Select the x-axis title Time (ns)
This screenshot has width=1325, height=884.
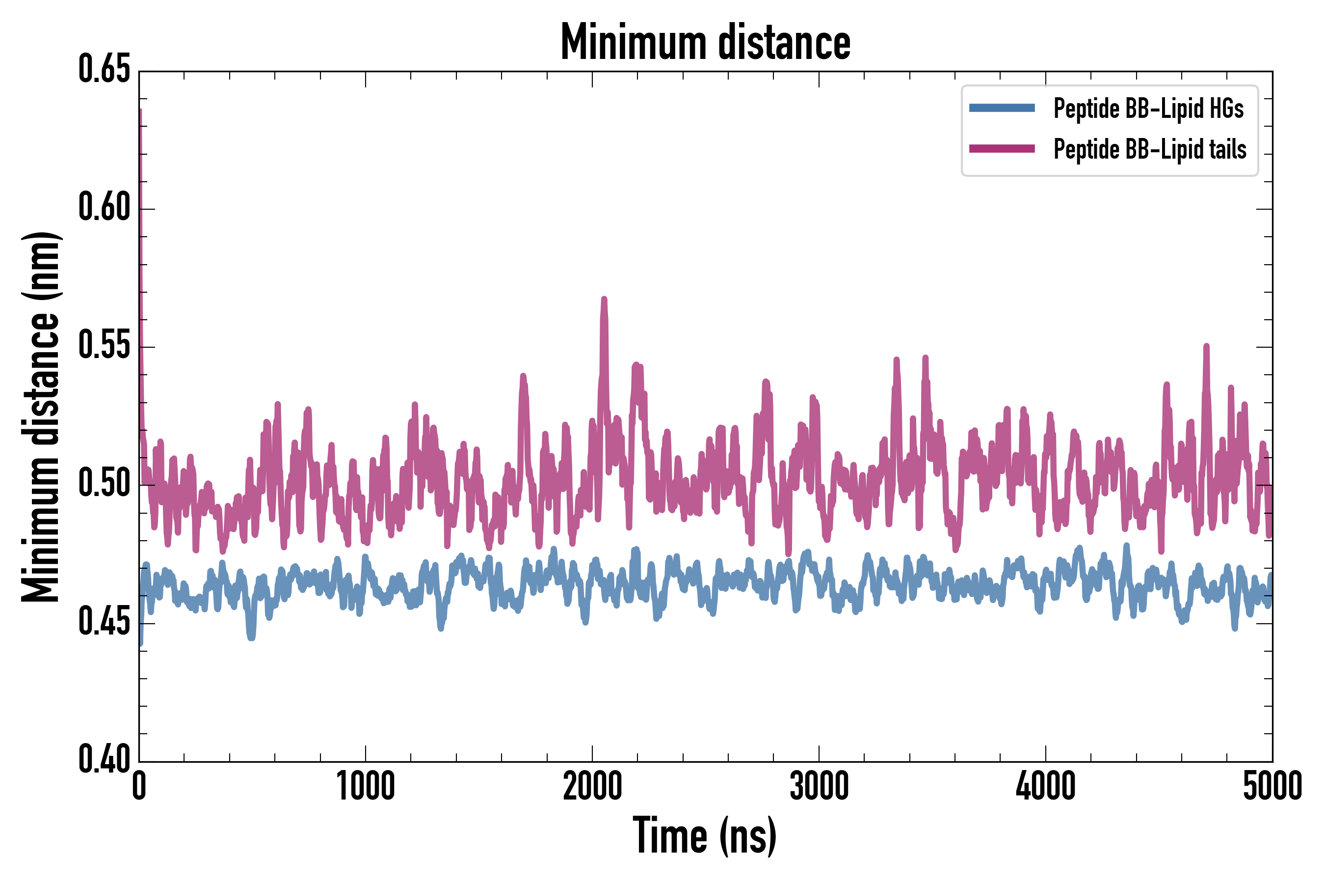click(x=705, y=835)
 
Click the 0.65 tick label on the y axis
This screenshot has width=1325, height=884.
click(x=104, y=69)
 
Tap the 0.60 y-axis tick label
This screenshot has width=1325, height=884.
click(x=104, y=207)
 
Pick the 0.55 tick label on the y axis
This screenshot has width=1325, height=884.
click(x=104, y=346)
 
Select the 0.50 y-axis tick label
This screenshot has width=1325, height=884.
click(x=104, y=484)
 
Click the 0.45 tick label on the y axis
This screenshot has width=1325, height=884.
click(x=104, y=622)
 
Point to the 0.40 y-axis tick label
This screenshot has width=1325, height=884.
click(x=104, y=759)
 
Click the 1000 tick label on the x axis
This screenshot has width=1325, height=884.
click(x=366, y=786)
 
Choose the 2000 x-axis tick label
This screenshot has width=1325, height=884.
click(x=592, y=786)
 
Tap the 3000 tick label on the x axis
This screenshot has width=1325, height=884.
click(x=819, y=786)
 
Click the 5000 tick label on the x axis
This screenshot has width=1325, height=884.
click(x=1272, y=786)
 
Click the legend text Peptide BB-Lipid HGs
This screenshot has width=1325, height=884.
click(x=1148, y=108)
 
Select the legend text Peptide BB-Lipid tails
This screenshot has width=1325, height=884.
click(x=1149, y=149)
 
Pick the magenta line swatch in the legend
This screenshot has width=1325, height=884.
click(x=1002, y=149)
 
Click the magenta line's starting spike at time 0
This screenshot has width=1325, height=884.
click(x=140, y=113)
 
